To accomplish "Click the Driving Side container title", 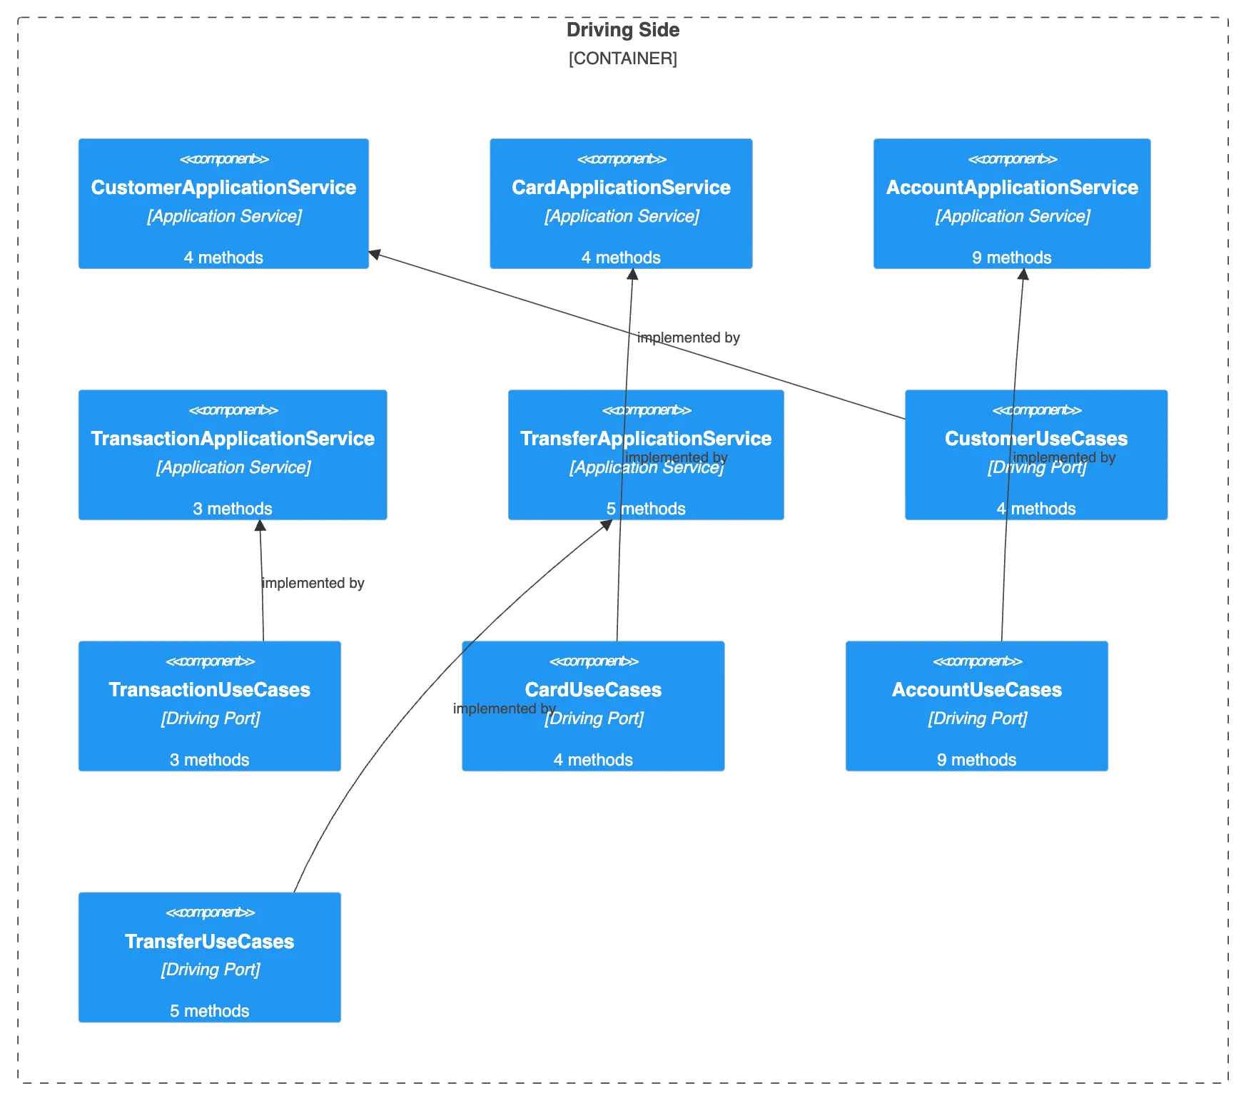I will (x=622, y=30).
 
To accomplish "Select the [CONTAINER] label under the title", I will (x=622, y=59).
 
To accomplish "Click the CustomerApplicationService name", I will (x=223, y=188).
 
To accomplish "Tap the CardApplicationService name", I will (x=621, y=188).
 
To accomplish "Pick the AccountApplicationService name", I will (x=1012, y=188).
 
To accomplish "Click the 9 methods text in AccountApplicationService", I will (x=1012, y=258).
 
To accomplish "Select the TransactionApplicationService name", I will (x=233, y=439).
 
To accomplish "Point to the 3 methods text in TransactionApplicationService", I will (x=233, y=509).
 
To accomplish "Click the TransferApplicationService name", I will (x=646, y=439).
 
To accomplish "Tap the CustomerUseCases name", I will (x=1036, y=439).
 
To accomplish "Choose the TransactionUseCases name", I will (x=209, y=690).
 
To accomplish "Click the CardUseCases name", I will (x=593, y=690).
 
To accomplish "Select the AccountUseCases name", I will (x=976, y=690).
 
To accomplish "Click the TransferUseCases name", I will (x=209, y=942).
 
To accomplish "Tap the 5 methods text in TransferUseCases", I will (x=209, y=1011).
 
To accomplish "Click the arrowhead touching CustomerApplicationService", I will (x=374, y=254).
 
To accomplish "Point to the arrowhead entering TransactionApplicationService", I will (x=260, y=526).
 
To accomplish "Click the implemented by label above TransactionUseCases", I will (x=313, y=584).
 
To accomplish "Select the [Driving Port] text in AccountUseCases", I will (x=976, y=718).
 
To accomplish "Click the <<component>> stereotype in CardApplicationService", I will (x=621, y=159).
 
